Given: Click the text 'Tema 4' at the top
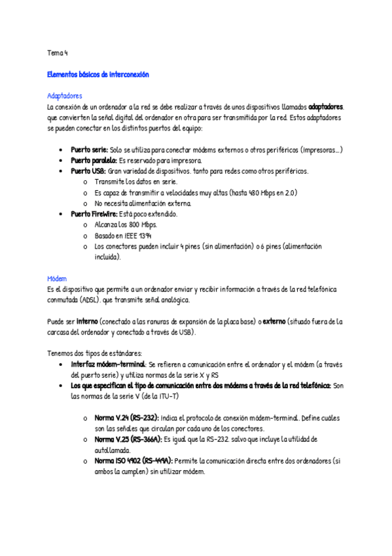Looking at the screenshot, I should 58,52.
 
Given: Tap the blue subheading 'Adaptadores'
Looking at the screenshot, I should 65,96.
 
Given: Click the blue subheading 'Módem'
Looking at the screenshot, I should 57,278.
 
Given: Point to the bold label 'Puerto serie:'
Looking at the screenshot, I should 90,149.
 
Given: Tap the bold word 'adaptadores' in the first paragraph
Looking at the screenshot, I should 326,106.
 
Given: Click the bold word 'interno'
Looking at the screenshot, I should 87,321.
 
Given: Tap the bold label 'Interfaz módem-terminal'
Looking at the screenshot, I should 108,364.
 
